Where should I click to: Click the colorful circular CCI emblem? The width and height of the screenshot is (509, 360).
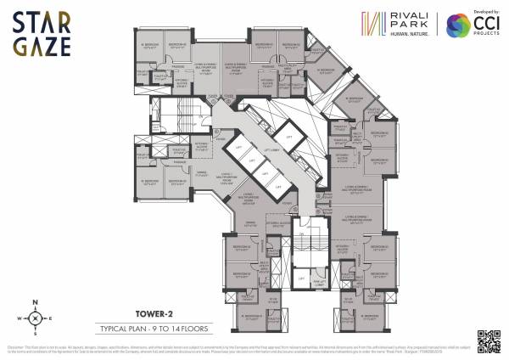tap(461, 25)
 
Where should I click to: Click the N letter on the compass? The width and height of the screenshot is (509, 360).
tap(35, 301)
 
